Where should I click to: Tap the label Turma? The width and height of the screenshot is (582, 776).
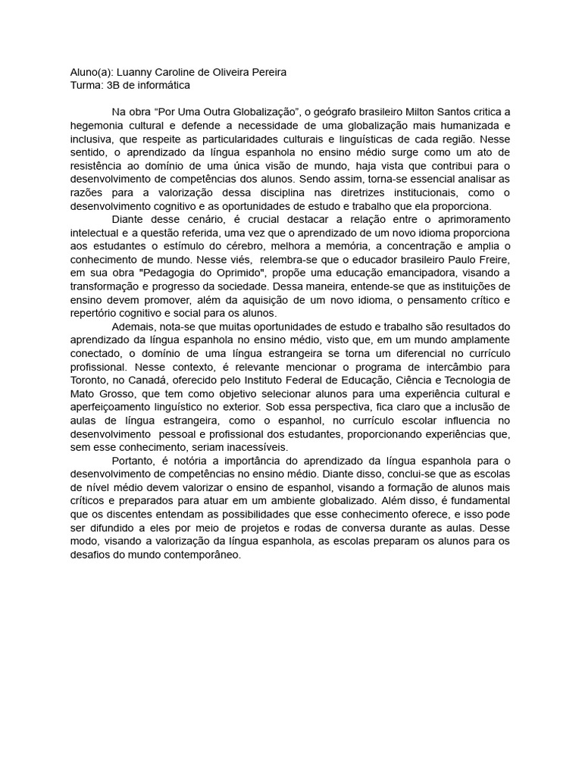86,86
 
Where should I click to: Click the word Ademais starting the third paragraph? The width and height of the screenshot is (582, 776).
132,327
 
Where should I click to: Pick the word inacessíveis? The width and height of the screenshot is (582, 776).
241,448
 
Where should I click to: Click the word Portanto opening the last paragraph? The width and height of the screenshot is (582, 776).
133,461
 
